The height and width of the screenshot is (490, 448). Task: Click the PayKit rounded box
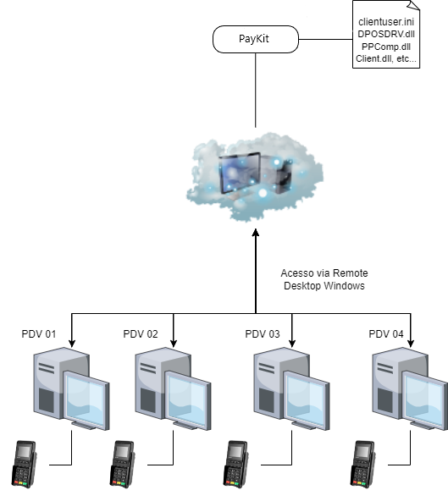256,39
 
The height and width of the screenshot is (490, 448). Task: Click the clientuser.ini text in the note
386,22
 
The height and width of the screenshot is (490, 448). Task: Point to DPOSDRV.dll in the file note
386,34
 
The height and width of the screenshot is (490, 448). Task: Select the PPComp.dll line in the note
386,47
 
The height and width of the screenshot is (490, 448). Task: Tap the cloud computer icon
255,177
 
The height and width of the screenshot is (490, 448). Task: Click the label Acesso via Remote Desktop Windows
324,279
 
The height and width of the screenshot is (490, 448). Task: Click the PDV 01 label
39,334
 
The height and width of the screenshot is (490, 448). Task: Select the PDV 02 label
141,334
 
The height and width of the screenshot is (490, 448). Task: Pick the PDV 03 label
263,334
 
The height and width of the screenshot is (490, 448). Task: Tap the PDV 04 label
386,334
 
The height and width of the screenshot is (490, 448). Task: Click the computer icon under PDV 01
71,388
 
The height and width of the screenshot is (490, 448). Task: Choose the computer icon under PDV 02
173,388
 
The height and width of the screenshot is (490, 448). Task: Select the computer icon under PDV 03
291,388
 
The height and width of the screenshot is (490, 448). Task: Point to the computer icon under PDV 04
410,388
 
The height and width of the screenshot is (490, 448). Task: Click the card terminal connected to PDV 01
24,464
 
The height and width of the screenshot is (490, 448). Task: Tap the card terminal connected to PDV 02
122,464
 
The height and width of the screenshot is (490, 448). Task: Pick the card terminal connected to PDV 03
235,464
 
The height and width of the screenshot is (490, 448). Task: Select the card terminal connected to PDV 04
362,464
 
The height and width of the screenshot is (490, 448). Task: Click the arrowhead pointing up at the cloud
256,233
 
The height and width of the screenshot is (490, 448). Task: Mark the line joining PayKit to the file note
325,40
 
